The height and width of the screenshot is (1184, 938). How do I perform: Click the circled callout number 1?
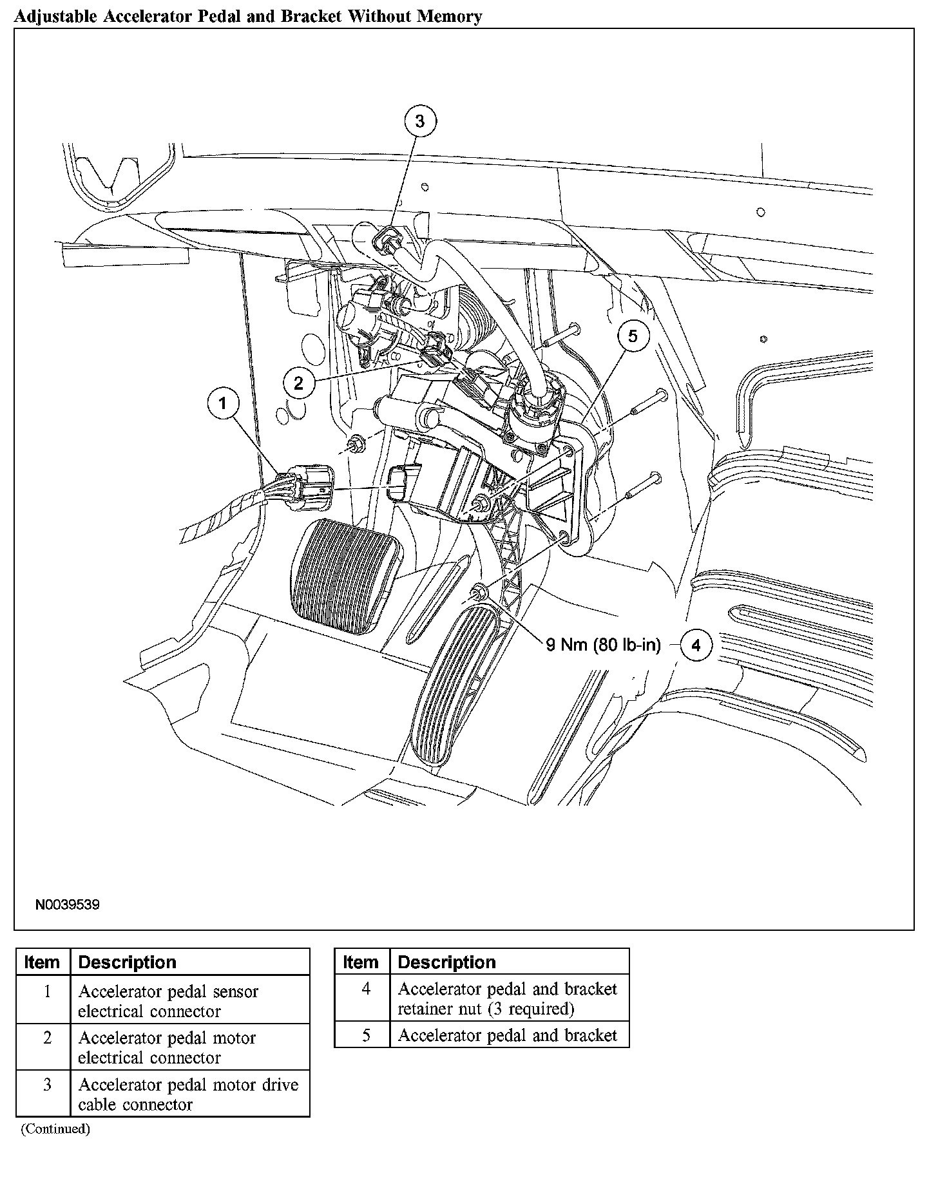click(x=223, y=404)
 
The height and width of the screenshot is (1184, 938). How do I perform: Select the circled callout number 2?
click(x=299, y=384)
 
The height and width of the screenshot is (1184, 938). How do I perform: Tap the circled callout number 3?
click(x=419, y=121)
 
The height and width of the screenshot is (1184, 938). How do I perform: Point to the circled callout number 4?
click(x=696, y=645)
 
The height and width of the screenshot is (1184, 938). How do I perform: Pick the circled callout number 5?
click(x=632, y=336)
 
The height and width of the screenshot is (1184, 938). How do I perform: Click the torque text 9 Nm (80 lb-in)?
click(x=603, y=645)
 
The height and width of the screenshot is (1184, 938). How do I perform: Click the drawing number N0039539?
click(x=67, y=905)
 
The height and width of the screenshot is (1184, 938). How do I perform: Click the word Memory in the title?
click(x=447, y=17)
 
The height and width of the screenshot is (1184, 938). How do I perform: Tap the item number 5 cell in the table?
click(x=366, y=1035)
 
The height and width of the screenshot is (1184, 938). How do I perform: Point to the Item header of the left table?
click(x=42, y=962)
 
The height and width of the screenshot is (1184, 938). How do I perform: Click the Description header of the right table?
click(x=447, y=962)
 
